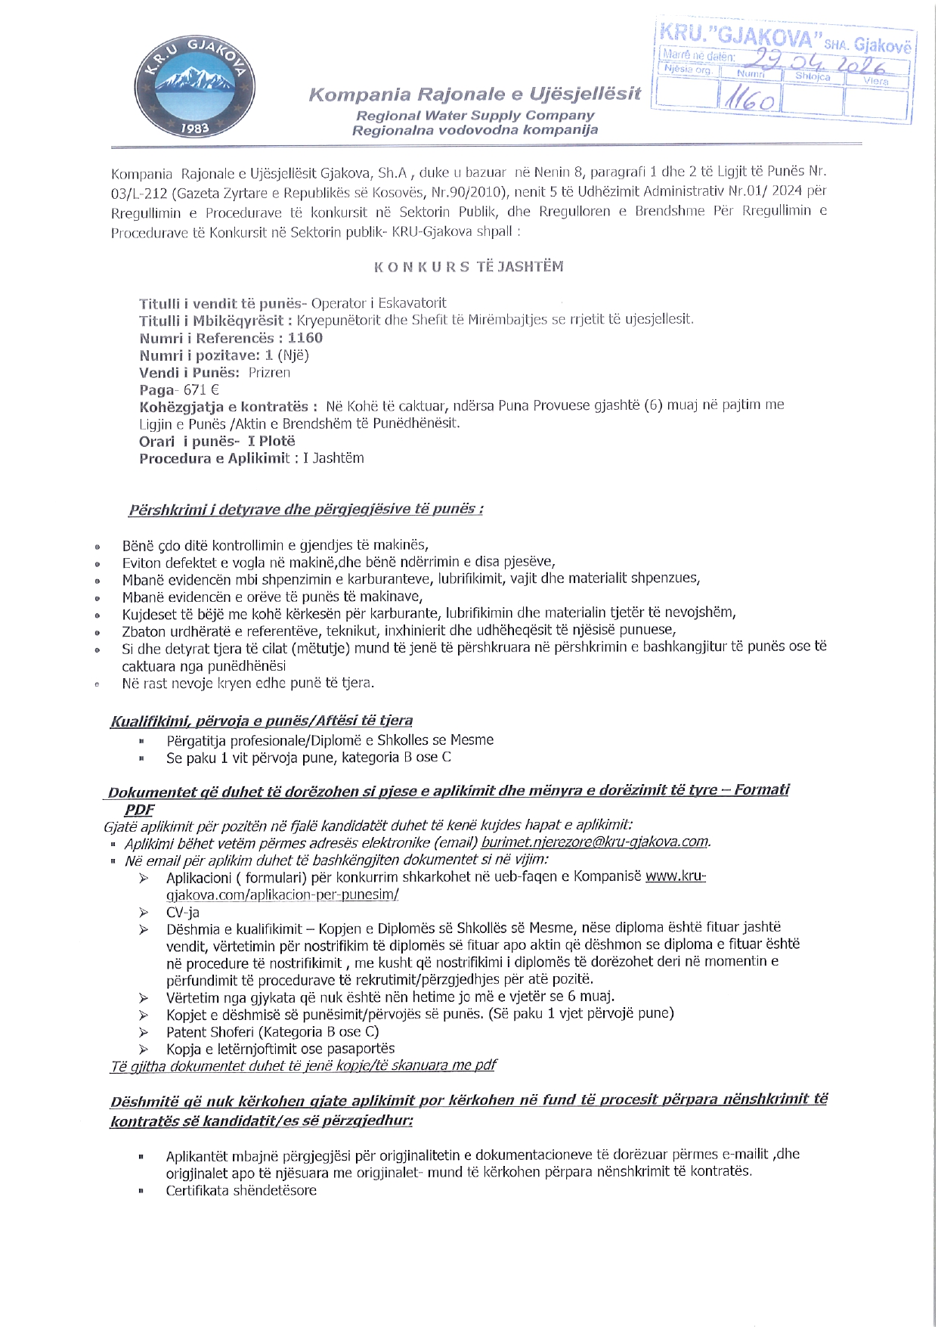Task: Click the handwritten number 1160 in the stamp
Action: point(749,101)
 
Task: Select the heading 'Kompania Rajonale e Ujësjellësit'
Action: point(475,95)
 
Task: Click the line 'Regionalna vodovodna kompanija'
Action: point(475,130)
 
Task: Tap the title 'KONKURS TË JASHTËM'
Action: point(469,267)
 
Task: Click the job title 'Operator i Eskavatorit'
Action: point(379,303)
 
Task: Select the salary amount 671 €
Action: point(201,390)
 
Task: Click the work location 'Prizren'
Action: point(269,373)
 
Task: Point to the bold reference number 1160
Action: point(305,338)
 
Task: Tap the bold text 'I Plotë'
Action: point(271,442)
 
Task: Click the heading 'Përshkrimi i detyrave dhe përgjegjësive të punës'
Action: point(305,509)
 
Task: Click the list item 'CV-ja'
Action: point(183,913)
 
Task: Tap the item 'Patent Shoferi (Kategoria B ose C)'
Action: point(273,1032)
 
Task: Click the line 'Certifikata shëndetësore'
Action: point(241,1191)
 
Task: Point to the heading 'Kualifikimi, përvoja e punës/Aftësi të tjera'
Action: point(262,721)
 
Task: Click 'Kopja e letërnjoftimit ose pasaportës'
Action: point(280,1049)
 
